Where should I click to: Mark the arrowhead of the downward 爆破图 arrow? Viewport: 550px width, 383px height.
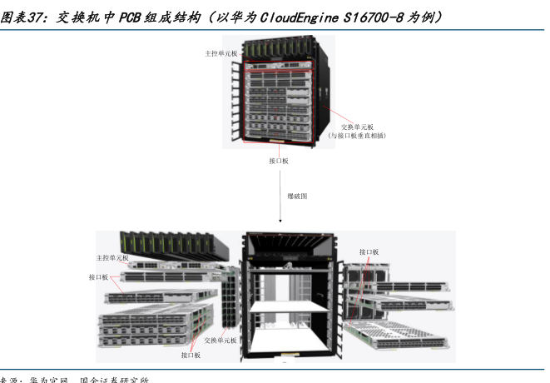click(280, 222)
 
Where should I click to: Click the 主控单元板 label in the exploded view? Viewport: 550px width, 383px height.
click(112, 258)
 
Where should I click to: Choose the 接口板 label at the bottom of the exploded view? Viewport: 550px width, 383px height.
click(191, 356)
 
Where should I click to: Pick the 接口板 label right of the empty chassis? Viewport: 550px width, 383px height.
click(369, 251)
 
